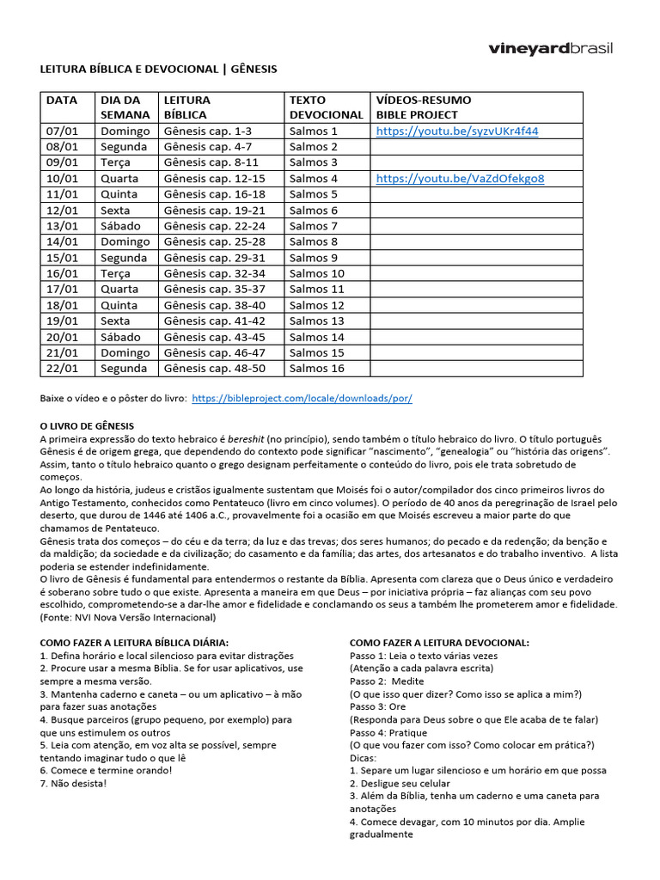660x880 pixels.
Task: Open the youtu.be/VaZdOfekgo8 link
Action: point(460,179)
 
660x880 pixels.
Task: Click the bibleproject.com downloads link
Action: point(302,399)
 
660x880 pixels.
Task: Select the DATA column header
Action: point(62,100)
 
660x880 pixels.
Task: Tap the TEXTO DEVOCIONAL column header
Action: point(326,107)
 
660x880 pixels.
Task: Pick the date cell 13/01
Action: point(62,226)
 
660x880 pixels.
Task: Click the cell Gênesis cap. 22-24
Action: point(214,226)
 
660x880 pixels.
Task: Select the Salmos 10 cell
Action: point(316,273)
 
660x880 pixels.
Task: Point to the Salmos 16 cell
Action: point(316,369)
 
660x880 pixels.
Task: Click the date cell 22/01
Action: point(62,369)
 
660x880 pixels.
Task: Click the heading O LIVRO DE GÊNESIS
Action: point(87,426)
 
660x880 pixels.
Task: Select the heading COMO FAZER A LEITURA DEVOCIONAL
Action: point(439,643)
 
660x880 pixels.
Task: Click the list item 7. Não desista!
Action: point(74,783)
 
